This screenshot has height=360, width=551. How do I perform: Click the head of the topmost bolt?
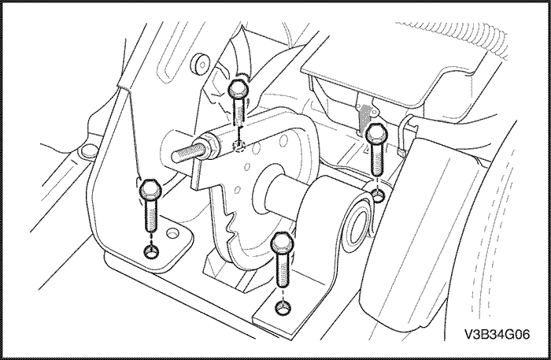pos(239,89)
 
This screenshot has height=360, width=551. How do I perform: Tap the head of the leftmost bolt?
pos(150,189)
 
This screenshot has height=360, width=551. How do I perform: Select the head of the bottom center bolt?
pos(282,243)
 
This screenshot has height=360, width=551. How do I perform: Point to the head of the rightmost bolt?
pos(377,134)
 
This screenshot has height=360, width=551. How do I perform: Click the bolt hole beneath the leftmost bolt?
pos(151,251)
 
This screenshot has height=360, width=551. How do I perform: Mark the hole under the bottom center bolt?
pos(283,308)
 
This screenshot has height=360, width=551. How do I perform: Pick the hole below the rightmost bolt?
pos(378,195)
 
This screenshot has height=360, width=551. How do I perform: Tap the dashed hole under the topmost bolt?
pos(239,146)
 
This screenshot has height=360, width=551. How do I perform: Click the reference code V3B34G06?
pos(497,334)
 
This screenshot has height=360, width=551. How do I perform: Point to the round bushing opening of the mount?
pos(357,225)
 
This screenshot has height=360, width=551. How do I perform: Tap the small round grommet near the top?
pos(200,64)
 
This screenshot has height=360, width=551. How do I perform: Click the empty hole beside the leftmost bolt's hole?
pos(172,232)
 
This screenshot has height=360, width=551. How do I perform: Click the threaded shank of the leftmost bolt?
pos(151,215)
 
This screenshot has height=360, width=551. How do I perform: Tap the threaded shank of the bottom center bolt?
pos(283,269)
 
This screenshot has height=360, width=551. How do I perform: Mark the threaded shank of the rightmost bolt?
pos(377,159)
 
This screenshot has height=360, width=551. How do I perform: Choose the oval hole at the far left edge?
pos(88,150)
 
